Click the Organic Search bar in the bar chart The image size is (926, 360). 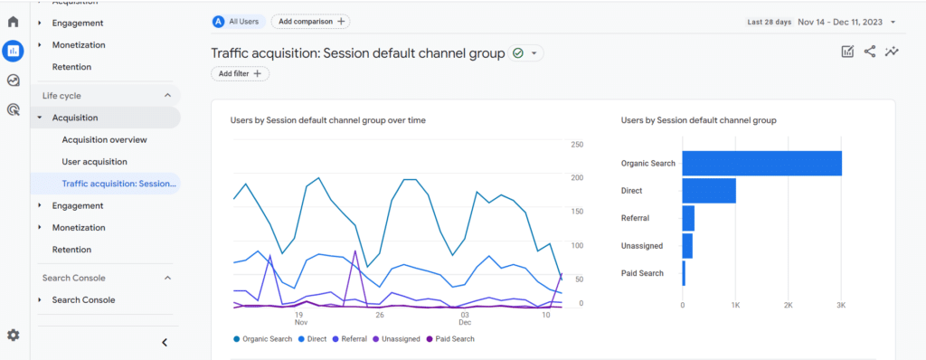(761, 164)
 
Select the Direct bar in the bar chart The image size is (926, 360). (709, 191)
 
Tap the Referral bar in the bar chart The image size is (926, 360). (688, 218)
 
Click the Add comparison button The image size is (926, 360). (310, 21)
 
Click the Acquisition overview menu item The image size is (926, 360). (104, 139)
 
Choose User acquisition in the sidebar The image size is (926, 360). (94, 161)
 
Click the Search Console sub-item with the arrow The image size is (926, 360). (83, 299)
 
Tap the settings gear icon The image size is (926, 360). (13, 335)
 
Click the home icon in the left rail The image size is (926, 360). (13, 22)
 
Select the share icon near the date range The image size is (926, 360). (870, 52)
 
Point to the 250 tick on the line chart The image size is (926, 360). (577, 144)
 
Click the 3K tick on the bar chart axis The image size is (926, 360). (841, 307)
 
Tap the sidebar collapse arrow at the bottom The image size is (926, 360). (164, 342)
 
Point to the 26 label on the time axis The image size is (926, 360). (380, 315)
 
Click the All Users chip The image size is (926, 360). (238, 21)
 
